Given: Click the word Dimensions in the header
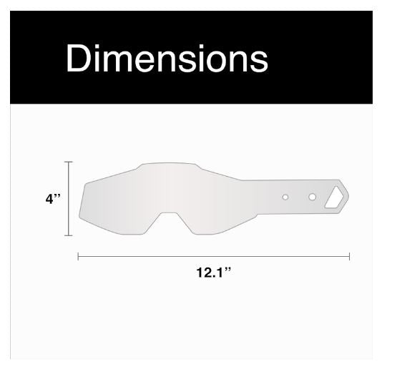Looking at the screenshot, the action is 167,58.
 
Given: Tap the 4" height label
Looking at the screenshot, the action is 53,198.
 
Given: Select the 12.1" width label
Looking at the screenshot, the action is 214,272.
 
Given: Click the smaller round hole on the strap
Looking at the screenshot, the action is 285,197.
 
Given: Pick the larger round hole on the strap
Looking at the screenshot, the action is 312,197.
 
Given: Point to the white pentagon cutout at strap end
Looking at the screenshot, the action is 334,197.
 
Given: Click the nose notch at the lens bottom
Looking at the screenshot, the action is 170,220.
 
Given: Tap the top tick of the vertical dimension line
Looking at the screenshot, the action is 69,162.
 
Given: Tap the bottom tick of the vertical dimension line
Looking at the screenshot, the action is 69,235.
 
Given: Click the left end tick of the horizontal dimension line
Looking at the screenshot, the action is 78,256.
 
